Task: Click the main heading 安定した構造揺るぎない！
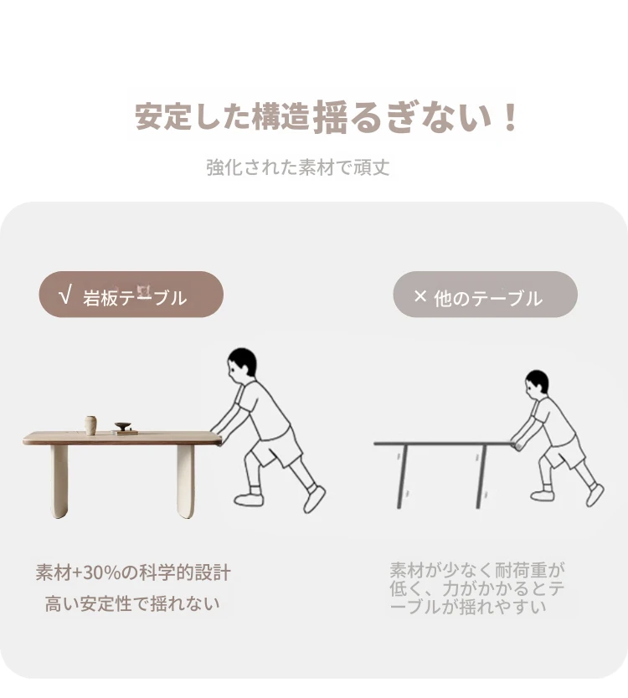(327, 116)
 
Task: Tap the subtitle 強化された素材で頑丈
(298, 167)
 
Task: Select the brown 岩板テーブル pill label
(131, 295)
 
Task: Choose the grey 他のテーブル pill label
(485, 295)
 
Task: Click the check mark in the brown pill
(65, 295)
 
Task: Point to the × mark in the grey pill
(420, 295)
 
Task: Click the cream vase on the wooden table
(91, 424)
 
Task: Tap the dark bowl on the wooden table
(122, 425)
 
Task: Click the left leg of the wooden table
(59, 481)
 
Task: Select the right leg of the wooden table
(186, 481)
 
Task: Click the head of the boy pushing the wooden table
(241, 364)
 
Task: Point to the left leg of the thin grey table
(402, 477)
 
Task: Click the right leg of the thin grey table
(481, 477)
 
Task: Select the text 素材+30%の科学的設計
(133, 572)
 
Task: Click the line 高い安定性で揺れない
(132, 604)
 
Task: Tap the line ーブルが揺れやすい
(468, 607)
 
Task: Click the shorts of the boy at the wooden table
(276, 445)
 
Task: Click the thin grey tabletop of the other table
(443, 444)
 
